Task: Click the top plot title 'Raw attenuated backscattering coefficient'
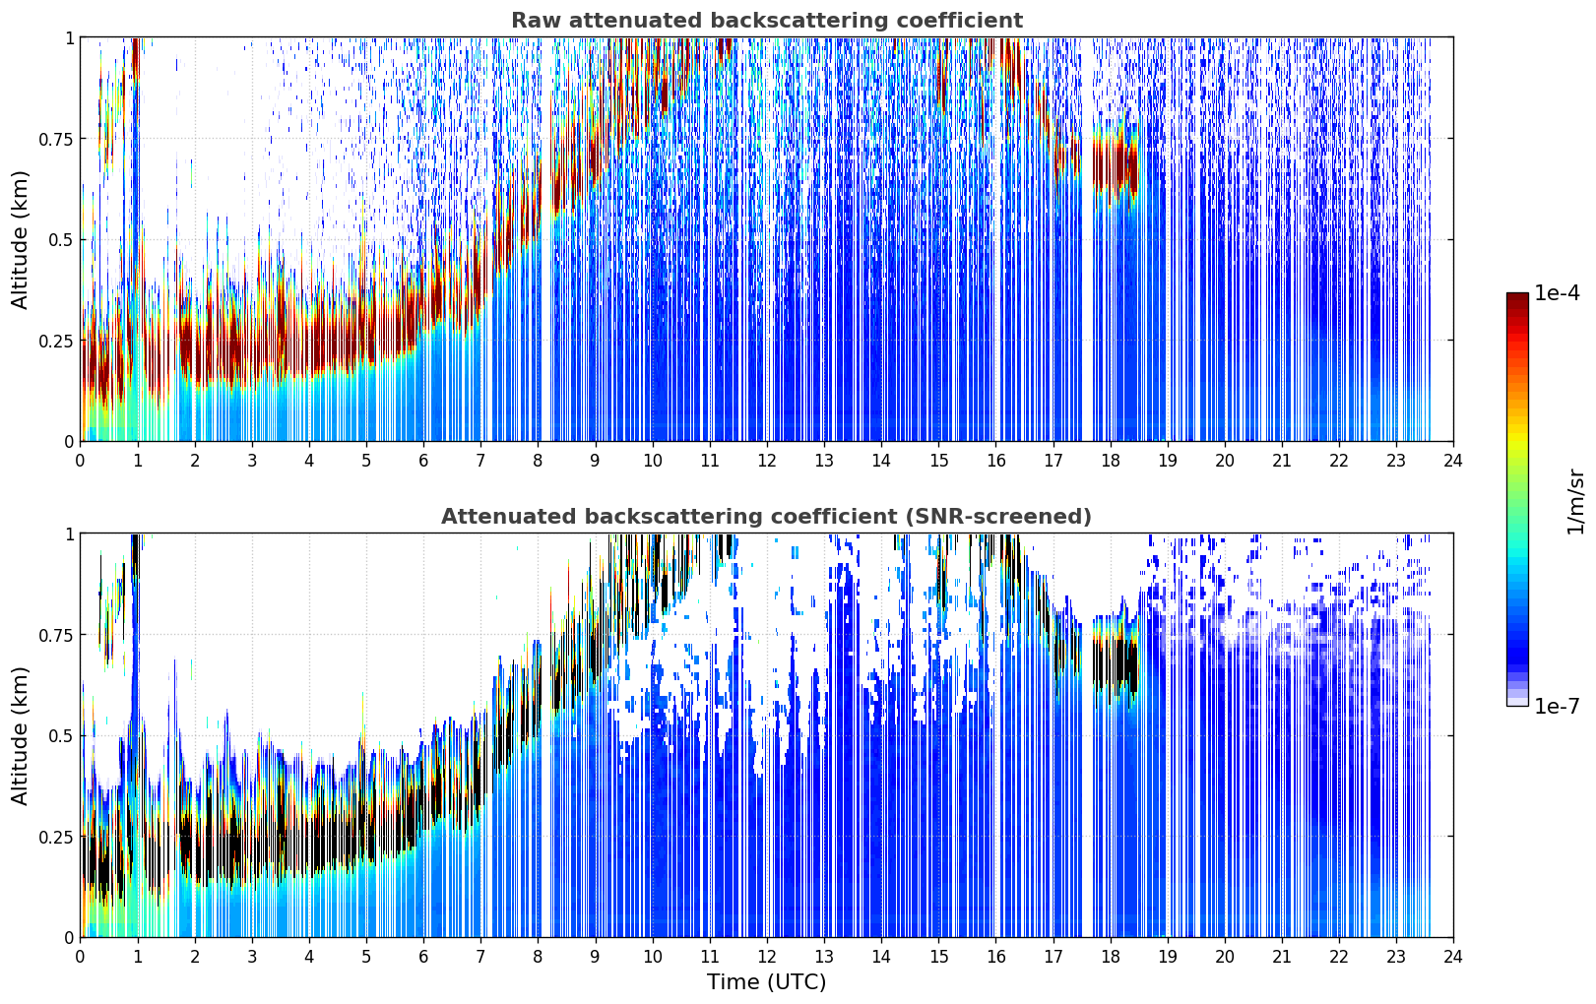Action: coord(767,20)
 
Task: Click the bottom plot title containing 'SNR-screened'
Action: coord(766,516)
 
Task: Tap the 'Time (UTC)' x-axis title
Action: coord(767,982)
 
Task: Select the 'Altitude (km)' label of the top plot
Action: coord(20,239)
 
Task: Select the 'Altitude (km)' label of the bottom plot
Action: coord(20,735)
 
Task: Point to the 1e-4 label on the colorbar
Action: coord(1557,292)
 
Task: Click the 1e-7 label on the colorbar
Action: coord(1557,707)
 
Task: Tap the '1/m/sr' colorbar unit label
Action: coord(1575,501)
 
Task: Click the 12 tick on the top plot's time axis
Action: coord(767,461)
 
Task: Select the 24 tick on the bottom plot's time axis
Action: coord(1453,957)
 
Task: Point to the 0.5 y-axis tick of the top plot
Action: coord(59,240)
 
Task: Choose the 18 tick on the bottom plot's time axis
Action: coord(1110,957)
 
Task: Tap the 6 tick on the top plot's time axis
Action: coord(423,461)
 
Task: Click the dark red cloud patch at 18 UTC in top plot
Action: coord(1116,163)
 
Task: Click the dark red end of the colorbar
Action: coord(1517,299)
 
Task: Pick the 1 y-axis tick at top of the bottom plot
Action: coord(69,534)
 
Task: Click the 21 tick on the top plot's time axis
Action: coord(1282,461)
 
